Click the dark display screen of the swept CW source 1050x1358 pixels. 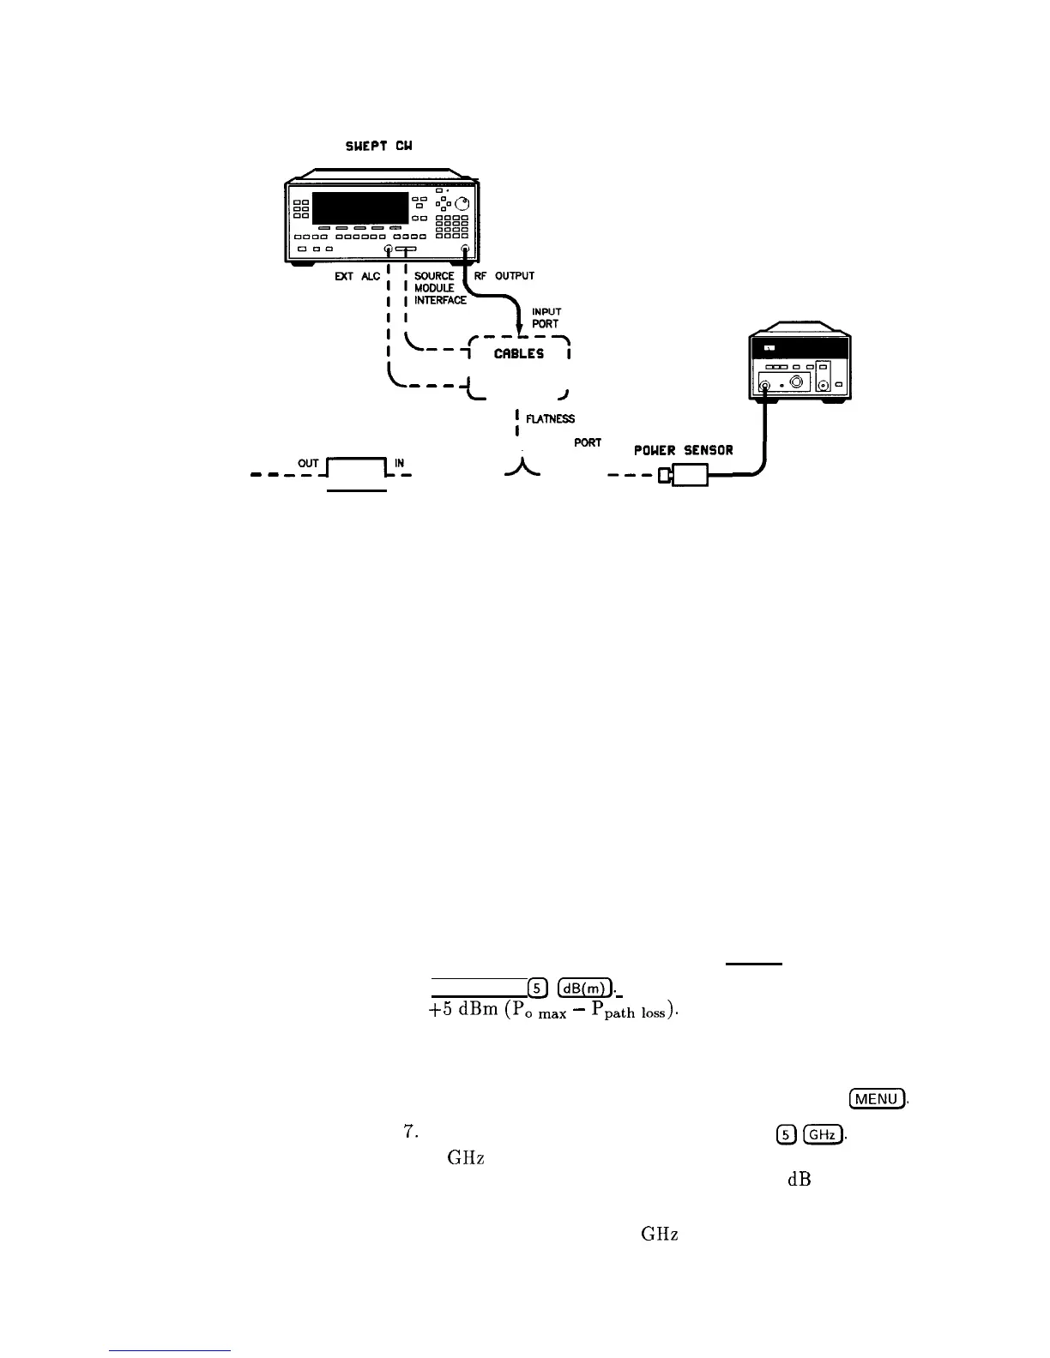pos(359,208)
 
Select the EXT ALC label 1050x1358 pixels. pos(358,277)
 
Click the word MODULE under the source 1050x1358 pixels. pos(434,288)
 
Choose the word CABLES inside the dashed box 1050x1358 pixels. pos(518,353)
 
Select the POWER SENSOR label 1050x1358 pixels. pos(683,450)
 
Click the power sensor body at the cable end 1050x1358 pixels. pos(690,474)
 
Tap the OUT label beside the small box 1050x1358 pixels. pos(308,464)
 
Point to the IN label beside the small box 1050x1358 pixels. pos(399,464)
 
